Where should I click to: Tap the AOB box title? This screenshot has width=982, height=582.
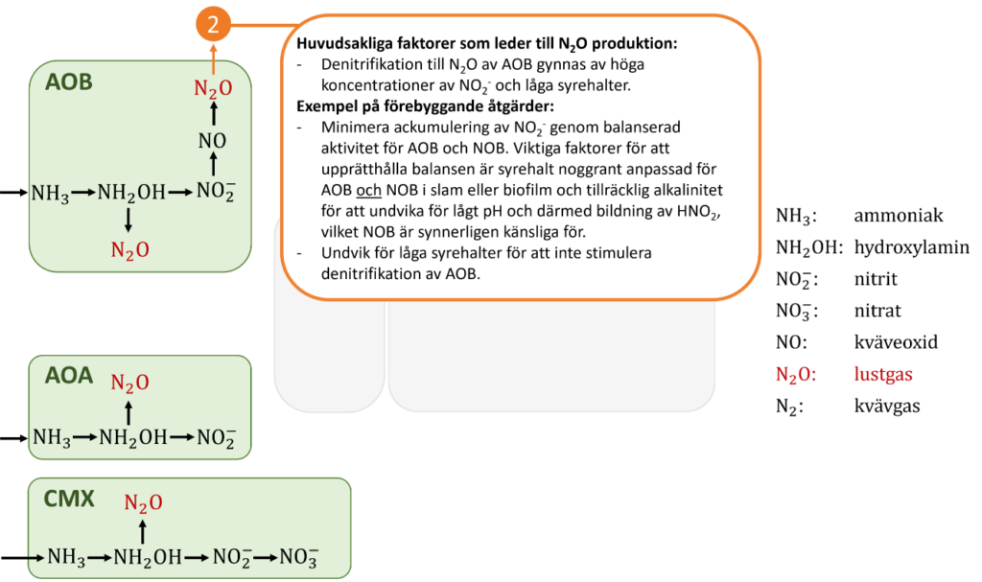pos(69,82)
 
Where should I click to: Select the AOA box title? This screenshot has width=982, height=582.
pos(69,376)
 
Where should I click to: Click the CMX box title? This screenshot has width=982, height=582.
pos(69,499)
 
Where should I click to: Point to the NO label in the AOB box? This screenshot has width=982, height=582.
pos(213,141)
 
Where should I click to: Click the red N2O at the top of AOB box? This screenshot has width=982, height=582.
pos(213,89)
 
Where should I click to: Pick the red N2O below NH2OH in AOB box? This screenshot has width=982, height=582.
pos(129,251)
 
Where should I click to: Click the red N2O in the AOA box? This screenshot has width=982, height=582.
pos(129,384)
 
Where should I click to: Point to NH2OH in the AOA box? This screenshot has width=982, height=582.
pos(132,438)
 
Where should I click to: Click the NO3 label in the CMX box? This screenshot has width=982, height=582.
pos(298,557)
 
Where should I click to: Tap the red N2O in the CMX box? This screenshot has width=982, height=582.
pos(143,503)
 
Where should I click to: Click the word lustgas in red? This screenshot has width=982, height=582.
pos(883,375)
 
